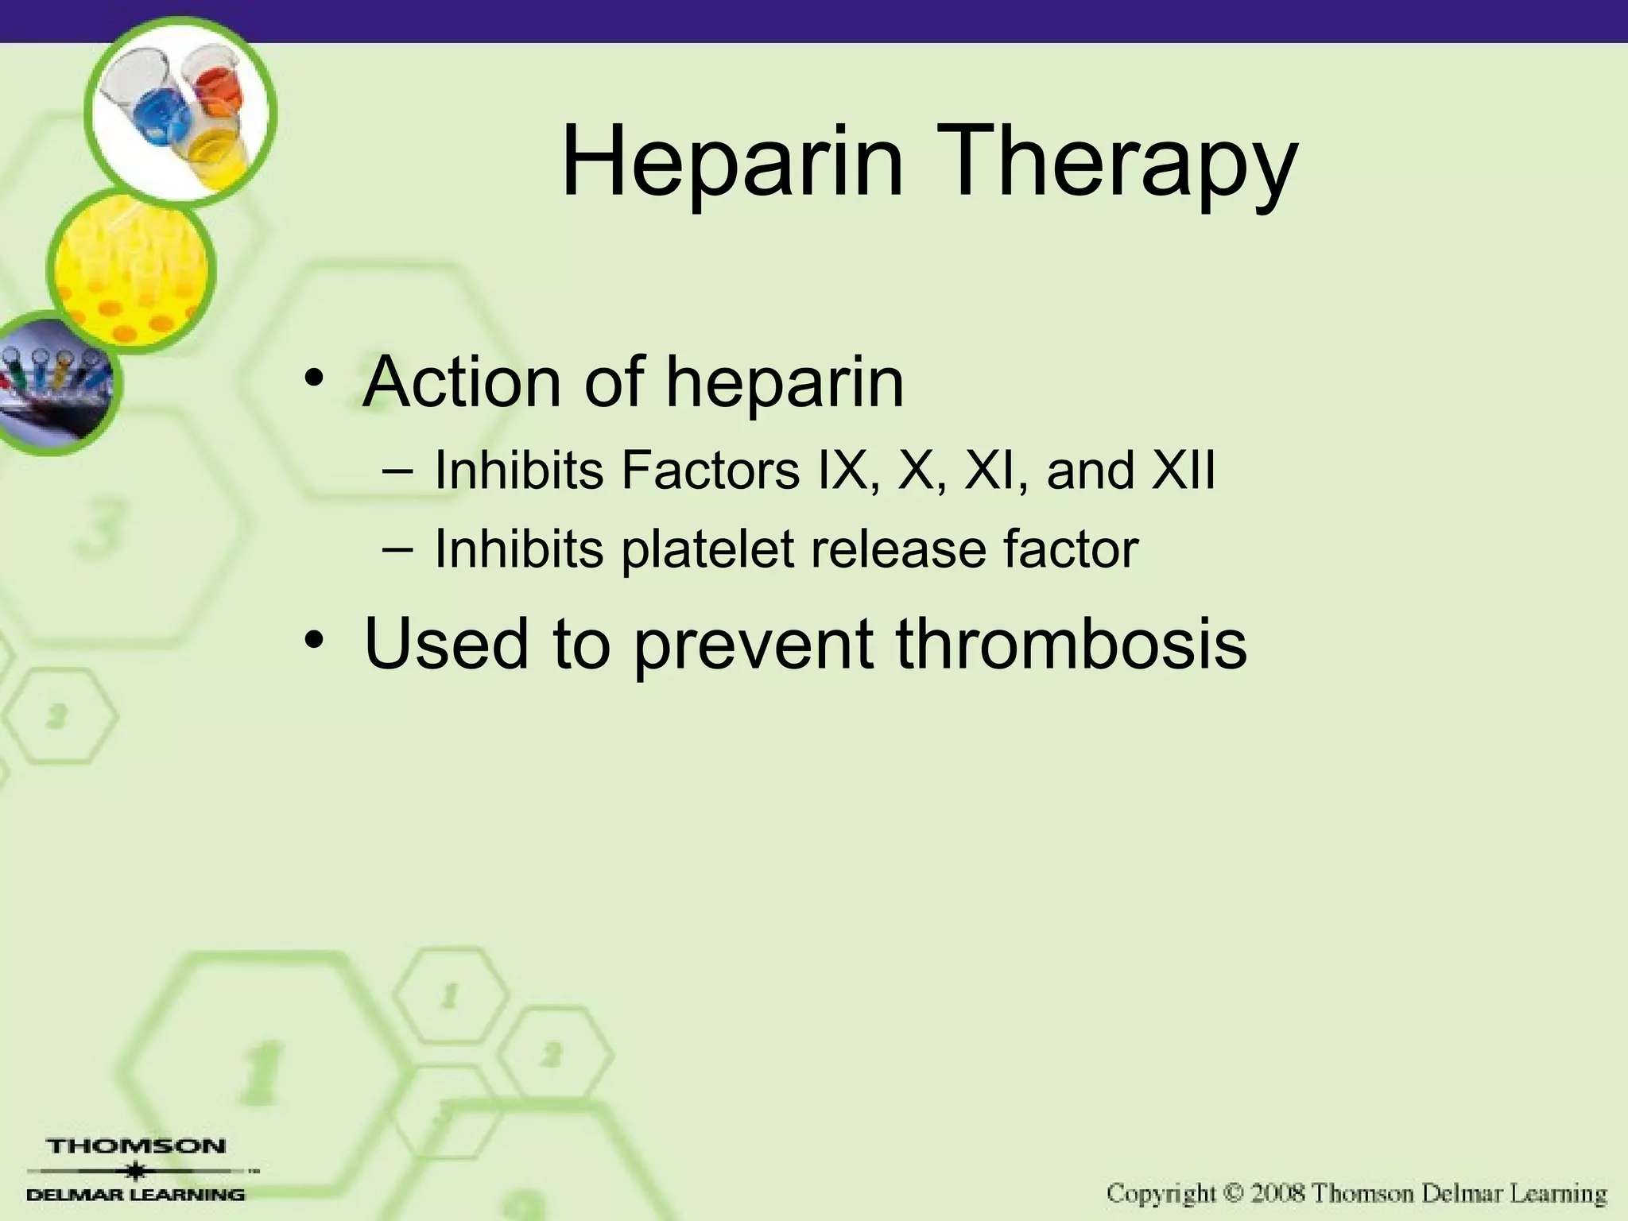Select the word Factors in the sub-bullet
tap(711, 471)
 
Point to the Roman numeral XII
tap(1184, 471)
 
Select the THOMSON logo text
tap(137, 1146)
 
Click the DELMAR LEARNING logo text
tap(137, 1195)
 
